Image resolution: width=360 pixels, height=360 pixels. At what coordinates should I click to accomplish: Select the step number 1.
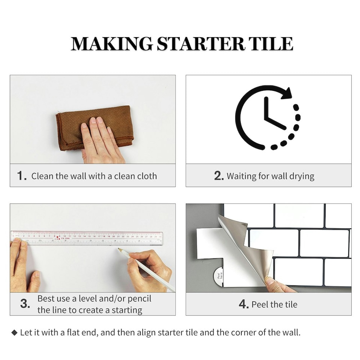point(22,176)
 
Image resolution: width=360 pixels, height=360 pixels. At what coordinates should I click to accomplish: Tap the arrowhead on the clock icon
point(287,93)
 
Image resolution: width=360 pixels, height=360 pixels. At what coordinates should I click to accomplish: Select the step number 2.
point(219,176)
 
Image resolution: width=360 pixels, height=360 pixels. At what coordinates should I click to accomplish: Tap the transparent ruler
point(86,238)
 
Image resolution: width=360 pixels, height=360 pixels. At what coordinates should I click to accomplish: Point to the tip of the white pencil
point(120,249)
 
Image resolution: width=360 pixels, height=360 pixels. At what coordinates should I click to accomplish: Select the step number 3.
point(25,304)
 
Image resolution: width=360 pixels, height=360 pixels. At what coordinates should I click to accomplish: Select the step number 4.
point(243,304)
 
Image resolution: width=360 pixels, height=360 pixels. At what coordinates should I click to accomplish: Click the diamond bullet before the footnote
point(15,333)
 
